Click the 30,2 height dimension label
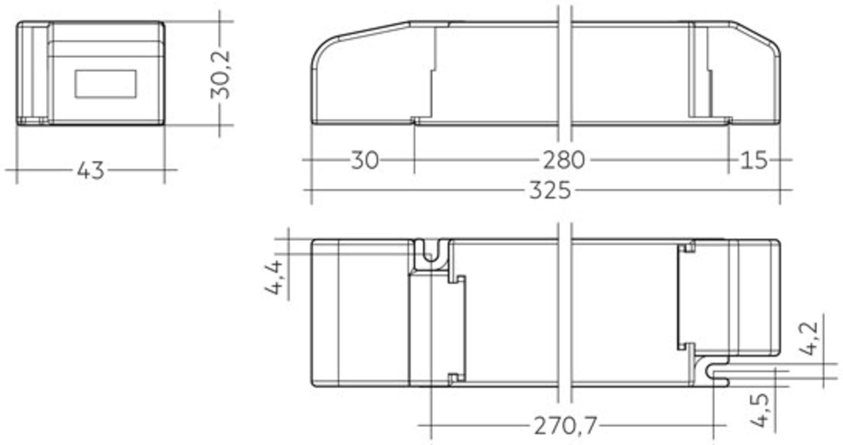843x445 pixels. point(221,75)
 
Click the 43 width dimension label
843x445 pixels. point(91,170)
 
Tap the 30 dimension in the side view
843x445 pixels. point(365,160)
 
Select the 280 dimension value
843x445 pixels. point(564,160)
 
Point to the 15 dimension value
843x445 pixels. point(753,160)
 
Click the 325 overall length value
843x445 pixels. point(550,191)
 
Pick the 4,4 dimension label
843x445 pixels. point(274,277)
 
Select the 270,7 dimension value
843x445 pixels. point(565,426)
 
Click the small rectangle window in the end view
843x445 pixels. point(105,84)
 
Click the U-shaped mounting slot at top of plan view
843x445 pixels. point(431,253)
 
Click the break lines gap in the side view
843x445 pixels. point(565,74)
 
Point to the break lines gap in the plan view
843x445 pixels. point(565,313)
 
